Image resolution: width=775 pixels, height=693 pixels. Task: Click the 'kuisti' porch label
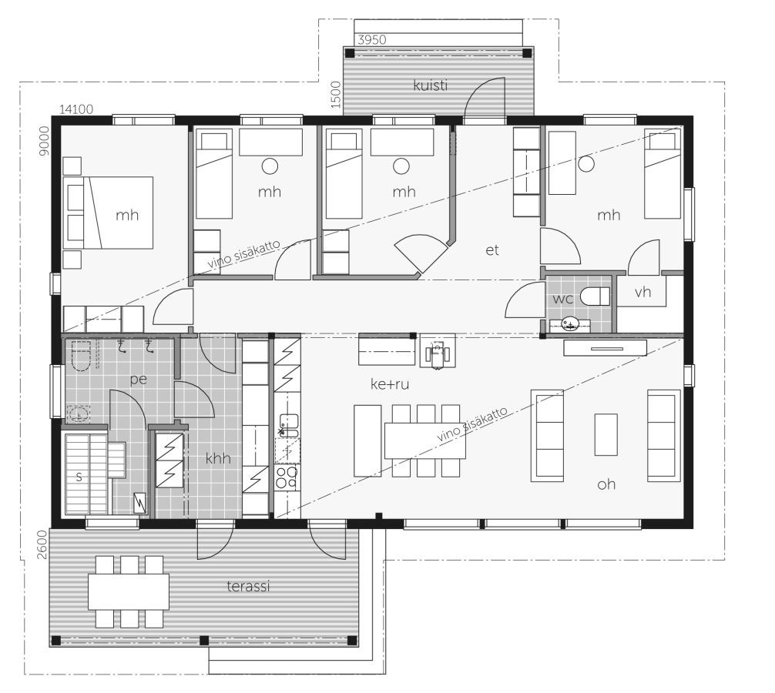(x=431, y=85)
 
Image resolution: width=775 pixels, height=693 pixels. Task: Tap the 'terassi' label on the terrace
(x=249, y=586)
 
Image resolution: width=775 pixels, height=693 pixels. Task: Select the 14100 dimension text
(x=76, y=109)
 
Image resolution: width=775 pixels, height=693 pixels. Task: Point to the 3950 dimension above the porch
(x=371, y=40)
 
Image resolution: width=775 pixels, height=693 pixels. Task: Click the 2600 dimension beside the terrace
(x=42, y=544)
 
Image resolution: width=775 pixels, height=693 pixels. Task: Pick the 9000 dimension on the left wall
(x=45, y=141)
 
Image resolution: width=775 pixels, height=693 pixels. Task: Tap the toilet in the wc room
(x=595, y=296)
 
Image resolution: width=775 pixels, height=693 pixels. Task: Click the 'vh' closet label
(x=642, y=292)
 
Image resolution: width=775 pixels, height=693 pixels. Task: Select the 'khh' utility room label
(x=218, y=458)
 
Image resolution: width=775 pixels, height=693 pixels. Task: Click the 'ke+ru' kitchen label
(x=390, y=383)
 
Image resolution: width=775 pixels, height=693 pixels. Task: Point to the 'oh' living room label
(x=606, y=484)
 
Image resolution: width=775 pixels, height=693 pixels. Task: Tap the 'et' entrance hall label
(x=492, y=250)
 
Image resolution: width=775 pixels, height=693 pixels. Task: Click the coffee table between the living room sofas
(x=606, y=435)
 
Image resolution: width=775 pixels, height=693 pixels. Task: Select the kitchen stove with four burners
(x=287, y=477)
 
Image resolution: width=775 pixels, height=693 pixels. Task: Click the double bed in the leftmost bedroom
(x=109, y=213)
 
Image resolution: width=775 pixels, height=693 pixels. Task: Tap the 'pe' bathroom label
(x=139, y=380)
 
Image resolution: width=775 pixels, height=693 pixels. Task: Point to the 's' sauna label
(x=79, y=477)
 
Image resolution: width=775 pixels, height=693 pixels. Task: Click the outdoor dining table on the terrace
(x=129, y=591)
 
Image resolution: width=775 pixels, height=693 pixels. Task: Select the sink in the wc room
(x=570, y=324)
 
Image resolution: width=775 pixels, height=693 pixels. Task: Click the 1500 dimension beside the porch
(x=336, y=95)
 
